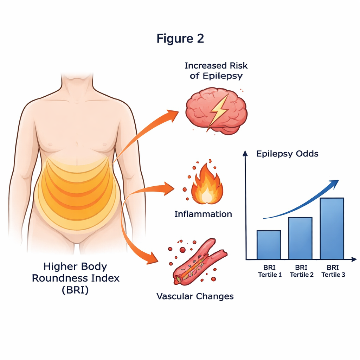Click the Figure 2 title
point(180,38)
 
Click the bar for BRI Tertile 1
point(269,245)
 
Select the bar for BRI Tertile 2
point(300,238)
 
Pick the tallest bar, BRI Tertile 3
point(332,229)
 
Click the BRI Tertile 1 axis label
point(270,271)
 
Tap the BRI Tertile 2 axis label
point(301,271)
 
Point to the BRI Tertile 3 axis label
point(333,271)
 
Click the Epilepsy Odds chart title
point(287,154)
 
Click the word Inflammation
point(203,214)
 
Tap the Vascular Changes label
point(195,296)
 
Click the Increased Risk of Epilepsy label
point(216,71)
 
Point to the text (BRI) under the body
point(76,290)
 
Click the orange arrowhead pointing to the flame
point(169,188)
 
